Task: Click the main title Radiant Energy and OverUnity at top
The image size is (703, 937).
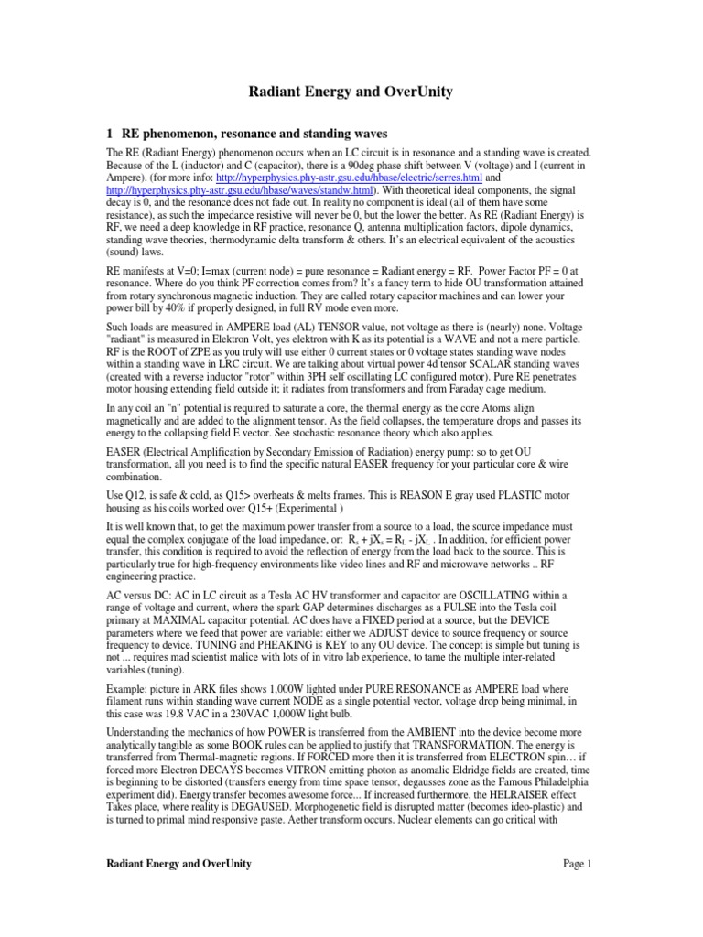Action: pyautogui.click(x=351, y=92)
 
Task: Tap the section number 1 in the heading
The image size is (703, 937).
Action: pyautogui.click(x=112, y=132)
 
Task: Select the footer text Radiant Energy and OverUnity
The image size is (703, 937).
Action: pyautogui.click(x=178, y=864)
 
